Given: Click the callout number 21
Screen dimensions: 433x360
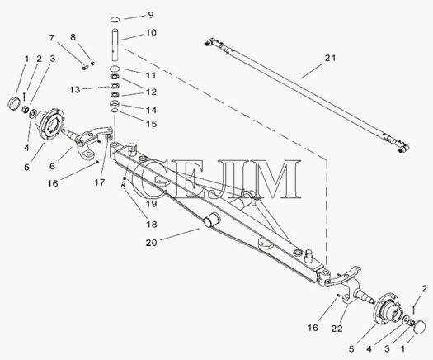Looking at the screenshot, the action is [x=330, y=58].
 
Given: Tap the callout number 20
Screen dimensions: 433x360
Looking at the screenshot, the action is [x=151, y=243].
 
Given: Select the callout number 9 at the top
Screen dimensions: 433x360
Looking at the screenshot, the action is [x=151, y=15].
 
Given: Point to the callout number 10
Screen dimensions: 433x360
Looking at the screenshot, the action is [x=151, y=33].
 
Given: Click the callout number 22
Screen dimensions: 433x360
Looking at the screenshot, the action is [x=337, y=329].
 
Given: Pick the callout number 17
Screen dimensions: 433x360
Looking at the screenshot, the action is [x=100, y=182].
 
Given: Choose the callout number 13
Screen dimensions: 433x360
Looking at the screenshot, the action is [x=75, y=89].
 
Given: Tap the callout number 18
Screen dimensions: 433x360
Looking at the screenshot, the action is [x=152, y=225].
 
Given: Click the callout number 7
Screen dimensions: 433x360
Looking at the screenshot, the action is [x=52, y=38].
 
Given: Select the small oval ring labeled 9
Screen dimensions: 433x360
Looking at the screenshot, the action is [x=115, y=19].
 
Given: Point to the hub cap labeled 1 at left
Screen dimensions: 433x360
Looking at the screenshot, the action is [x=13, y=103].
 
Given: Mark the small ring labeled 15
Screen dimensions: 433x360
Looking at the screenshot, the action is [x=115, y=111].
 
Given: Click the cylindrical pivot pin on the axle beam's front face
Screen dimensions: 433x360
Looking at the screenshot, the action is [x=211, y=220].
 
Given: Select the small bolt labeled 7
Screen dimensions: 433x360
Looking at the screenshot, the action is [x=85, y=68].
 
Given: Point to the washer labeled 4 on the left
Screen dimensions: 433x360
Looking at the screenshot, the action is [x=33, y=113].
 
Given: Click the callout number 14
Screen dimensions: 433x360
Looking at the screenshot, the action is [x=151, y=110].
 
